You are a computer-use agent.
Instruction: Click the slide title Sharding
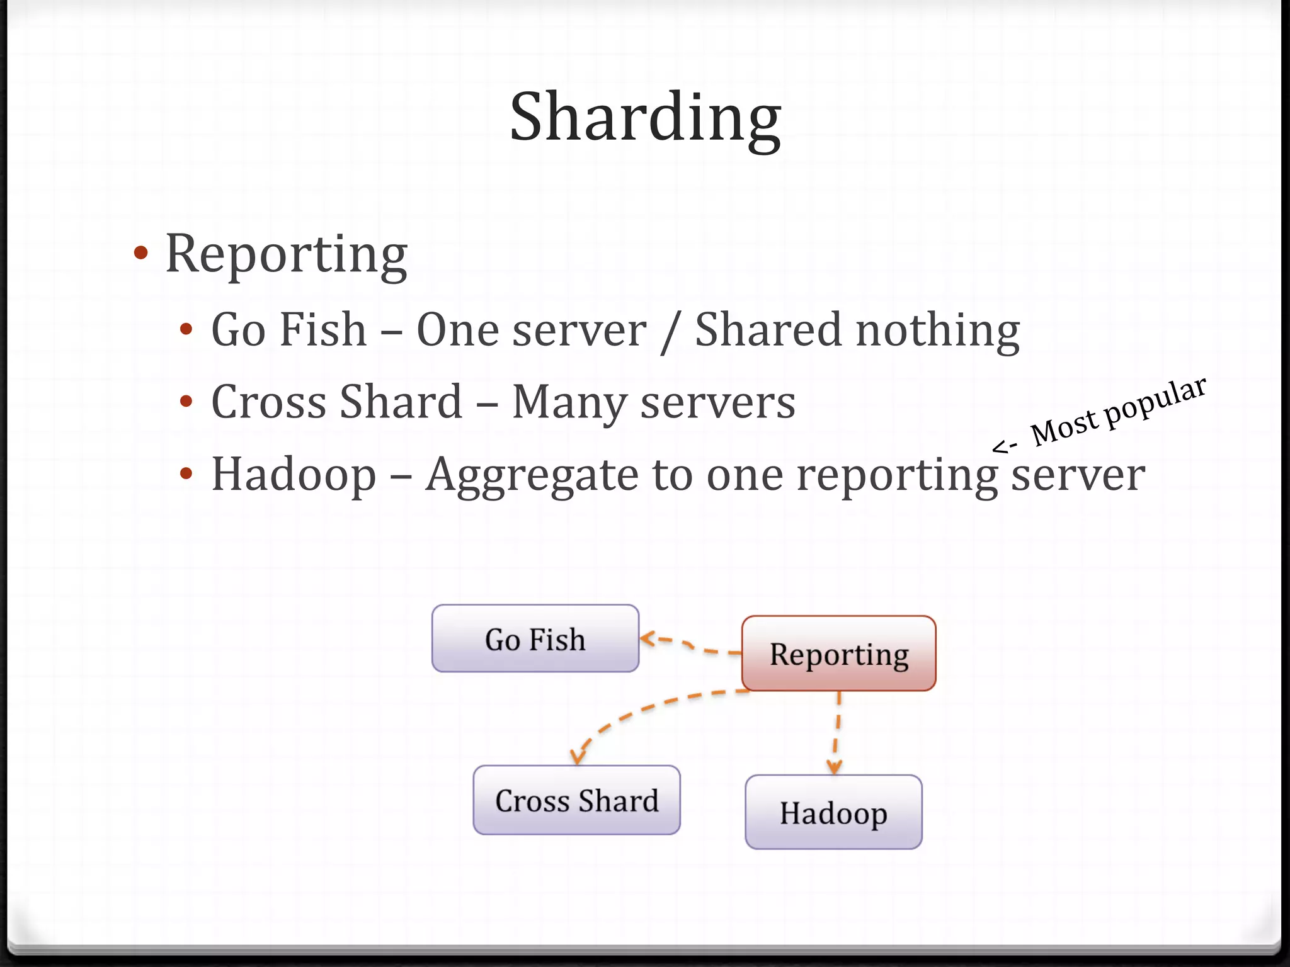tap(645, 118)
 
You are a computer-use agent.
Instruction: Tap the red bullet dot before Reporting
tap(141, 253)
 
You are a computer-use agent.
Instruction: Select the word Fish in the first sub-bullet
tap(322, 330)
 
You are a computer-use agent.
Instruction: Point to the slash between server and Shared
tap(670, 332)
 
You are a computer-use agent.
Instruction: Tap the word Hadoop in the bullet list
tap(294, 475)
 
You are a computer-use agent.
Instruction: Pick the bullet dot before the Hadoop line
tap(185, 473)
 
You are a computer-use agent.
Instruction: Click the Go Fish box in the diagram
tap(535, 638)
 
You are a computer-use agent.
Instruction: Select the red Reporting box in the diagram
tap(838, 653)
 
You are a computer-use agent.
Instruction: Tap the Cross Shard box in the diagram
tap(576, 800)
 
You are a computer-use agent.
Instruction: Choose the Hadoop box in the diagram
tap(833, 812)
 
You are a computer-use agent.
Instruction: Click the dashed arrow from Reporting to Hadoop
tap(837, 730)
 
